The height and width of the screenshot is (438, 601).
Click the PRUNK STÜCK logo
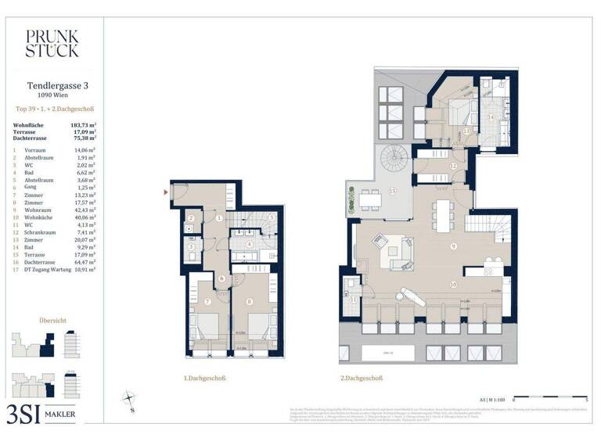click(x=52, y=43)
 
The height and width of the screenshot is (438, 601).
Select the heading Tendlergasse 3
click(x=52, y=85)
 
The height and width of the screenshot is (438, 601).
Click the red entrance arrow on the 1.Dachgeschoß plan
click(x=166, y=191)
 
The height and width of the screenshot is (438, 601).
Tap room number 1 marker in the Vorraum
click(x=220, y=218)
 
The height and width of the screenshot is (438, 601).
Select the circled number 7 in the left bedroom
click(x=207, y=301)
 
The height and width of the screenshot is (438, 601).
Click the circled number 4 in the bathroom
click(x=249, y=244)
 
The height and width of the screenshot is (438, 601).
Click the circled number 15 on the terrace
click(x=392, y=191)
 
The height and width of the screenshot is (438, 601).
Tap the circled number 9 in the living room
click(x=453, y=247)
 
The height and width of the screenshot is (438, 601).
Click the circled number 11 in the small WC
click(x=353, y=300)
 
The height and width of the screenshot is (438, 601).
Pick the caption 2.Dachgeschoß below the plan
click(x=361, y=379)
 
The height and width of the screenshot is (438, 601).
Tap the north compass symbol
click(x=128, y=400)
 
